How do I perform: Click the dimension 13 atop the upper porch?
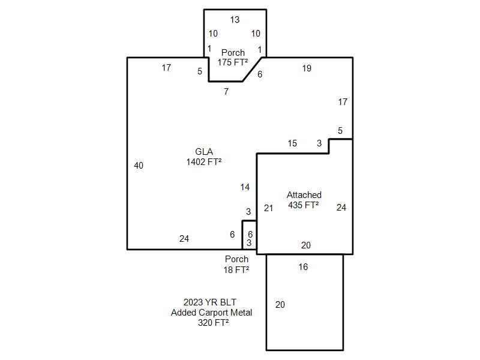click(x=235, y=20)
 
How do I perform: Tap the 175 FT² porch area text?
click(x=233, y=62)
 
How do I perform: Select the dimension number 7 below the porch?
click(x=226, y=92)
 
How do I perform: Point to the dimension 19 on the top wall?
click(x=307, y=68)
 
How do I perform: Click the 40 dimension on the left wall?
click(x=139, y=166)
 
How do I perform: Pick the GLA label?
click(x=204, y=152)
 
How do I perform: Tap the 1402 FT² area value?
click(x=204, y=161)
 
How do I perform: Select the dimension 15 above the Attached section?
click(x=292, y=143)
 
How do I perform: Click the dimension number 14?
click(x=245, y=187)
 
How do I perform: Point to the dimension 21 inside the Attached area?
click(x=268, y=208)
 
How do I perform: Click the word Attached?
click(x=304, y=195)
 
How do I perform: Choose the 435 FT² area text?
click(x=304, y=205)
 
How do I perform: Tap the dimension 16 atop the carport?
click(x=303, y=267)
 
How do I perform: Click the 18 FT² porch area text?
click(x=236, y=270)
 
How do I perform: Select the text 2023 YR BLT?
click(x=206, y=302)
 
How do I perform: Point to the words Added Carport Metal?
click(x=211, y=313)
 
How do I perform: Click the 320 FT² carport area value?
click(x=211, y=323)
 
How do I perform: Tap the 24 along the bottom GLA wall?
click(x=184, y=239)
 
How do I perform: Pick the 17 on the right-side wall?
click(x=343, y=102)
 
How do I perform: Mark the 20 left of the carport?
click(x=280, y=305)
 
